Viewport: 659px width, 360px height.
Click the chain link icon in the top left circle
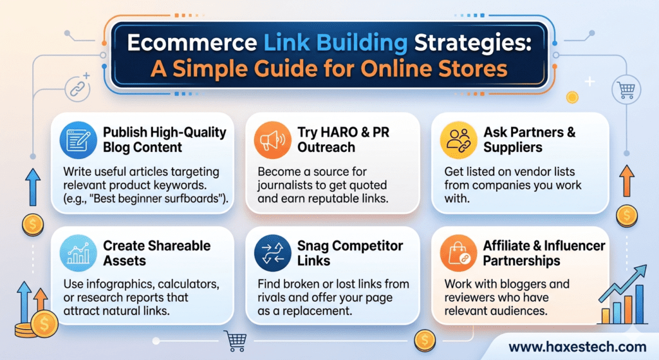click(77, 86)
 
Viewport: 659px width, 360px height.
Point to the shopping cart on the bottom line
click(234, 337)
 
